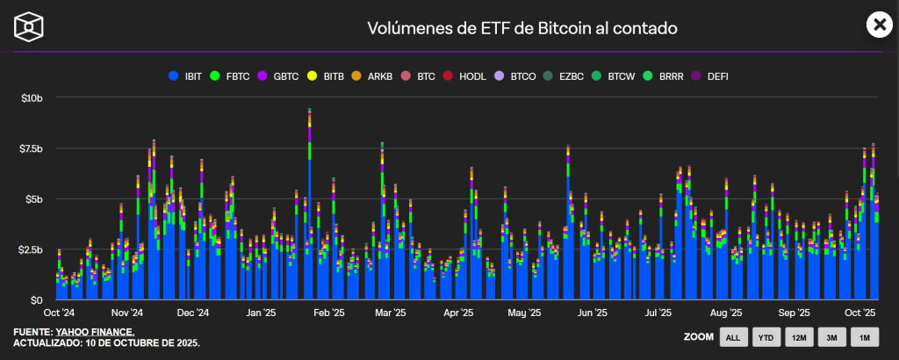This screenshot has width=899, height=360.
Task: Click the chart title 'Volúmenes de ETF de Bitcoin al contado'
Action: (521, 27)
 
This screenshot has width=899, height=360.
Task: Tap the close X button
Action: (878, 25)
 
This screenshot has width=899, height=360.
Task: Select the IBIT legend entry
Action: (186, 76)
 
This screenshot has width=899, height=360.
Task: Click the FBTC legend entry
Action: (231, 76)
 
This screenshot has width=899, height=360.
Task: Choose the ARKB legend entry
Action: (373, 76)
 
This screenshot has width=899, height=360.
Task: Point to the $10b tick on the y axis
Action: (32, 97)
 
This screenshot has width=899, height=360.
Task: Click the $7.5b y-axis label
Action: (32, 148)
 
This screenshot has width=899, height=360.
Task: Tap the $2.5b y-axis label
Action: (32, 250)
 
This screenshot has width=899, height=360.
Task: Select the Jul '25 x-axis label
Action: (658, 312)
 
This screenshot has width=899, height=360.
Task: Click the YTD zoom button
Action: (765, 336)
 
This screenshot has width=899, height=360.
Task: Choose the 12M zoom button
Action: (798, 336)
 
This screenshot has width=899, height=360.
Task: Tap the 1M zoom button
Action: (865, 336)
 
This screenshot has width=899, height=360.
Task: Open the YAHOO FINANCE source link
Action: (94, 331)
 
